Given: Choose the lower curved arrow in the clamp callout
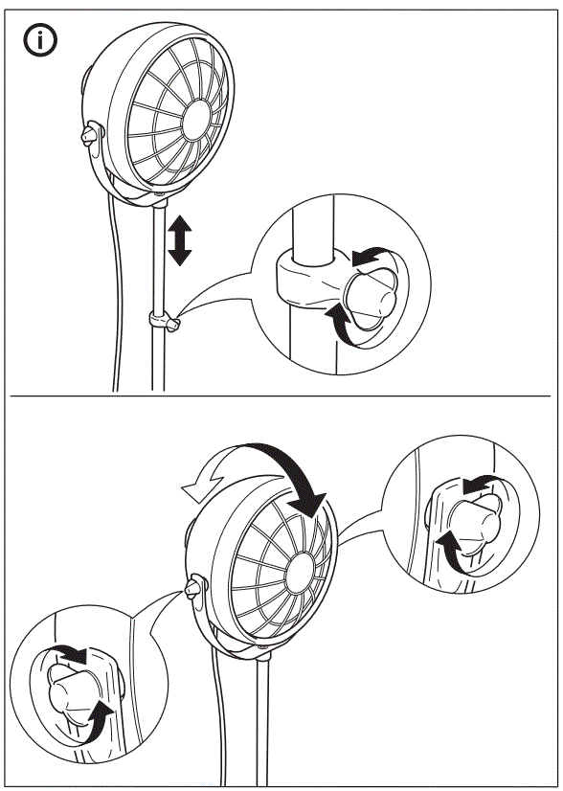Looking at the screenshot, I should click(x=343, y=324).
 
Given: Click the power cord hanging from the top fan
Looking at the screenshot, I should click(x=117, y=287).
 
